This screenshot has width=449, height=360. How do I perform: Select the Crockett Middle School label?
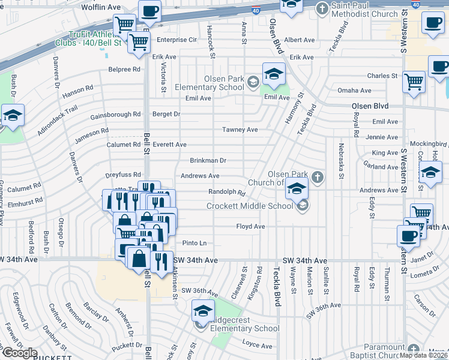[250, 206]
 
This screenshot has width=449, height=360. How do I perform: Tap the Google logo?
[19, 352]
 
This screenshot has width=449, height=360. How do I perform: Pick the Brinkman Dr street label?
[208, 161]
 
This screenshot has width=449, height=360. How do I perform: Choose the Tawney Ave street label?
[240, 130]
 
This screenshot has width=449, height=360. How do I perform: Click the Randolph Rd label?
[227, 193]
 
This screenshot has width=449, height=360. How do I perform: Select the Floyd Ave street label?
[250, 226]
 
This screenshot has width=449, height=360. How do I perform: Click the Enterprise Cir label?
[176, 40]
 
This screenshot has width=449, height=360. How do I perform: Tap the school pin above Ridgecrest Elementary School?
[203, 311]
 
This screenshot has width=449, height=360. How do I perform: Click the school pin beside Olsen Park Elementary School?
[274, 74]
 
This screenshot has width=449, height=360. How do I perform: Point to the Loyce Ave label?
[257, 345]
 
